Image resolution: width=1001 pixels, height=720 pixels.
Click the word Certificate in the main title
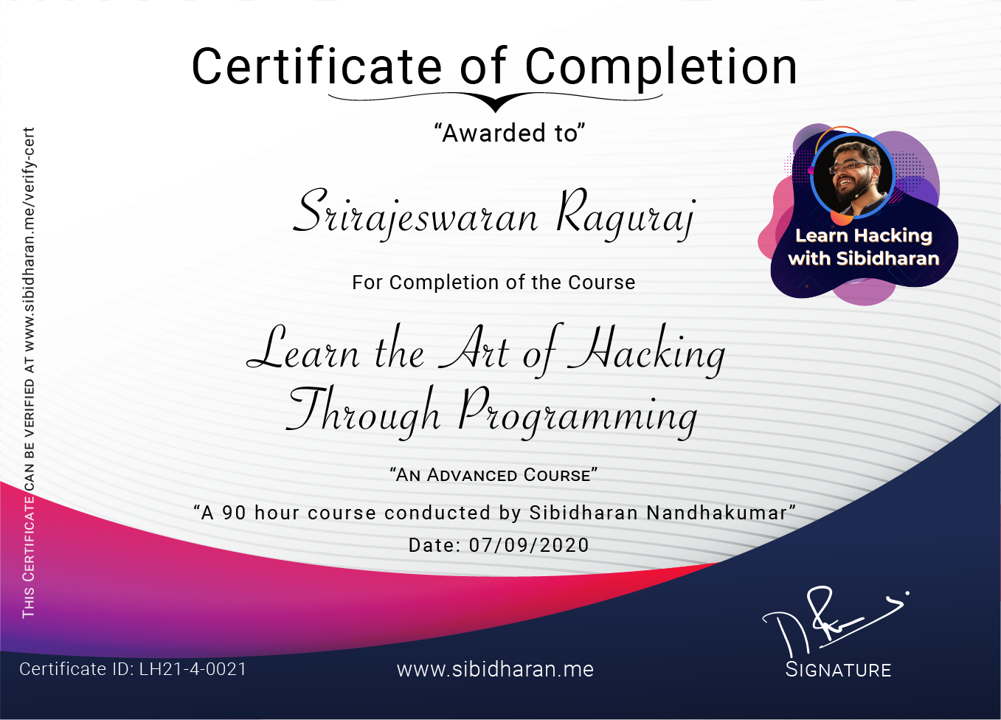pyautogui.click(x=318, y=66)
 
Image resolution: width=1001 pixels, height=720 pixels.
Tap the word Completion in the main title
pyautogui.click(x=661, y=66)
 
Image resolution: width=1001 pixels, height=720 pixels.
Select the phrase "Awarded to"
pyautogui.click(x=510, y=134)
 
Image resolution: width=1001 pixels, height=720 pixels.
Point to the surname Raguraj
pyautogui.click(x=626, y=214)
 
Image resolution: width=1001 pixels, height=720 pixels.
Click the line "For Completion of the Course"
pyautogui.click(x=493, y=283)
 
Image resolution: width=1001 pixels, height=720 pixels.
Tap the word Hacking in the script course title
pyautogui.click(x=646, y=351)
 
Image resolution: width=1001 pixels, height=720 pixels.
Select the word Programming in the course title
pyautogui.click(x=577, y=413)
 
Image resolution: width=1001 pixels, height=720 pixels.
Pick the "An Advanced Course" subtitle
pyautogui.click(x=493, y=475)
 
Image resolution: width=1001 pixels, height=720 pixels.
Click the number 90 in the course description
pyautogui.click(x=234, y=513)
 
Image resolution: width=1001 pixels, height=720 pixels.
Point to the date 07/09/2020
pyautogui.click(x=529, y=545)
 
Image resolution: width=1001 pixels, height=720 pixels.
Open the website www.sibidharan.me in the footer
pyautogui.click(x=495, y=669)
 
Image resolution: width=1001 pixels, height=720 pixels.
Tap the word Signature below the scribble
pyautogui.click(x=839, y=670)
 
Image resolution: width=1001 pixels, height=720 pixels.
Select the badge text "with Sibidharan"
pyautogui.click(x=864, y=258)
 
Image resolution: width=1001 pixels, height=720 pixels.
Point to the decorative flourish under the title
pyautogui.click(x=496, y=101)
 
